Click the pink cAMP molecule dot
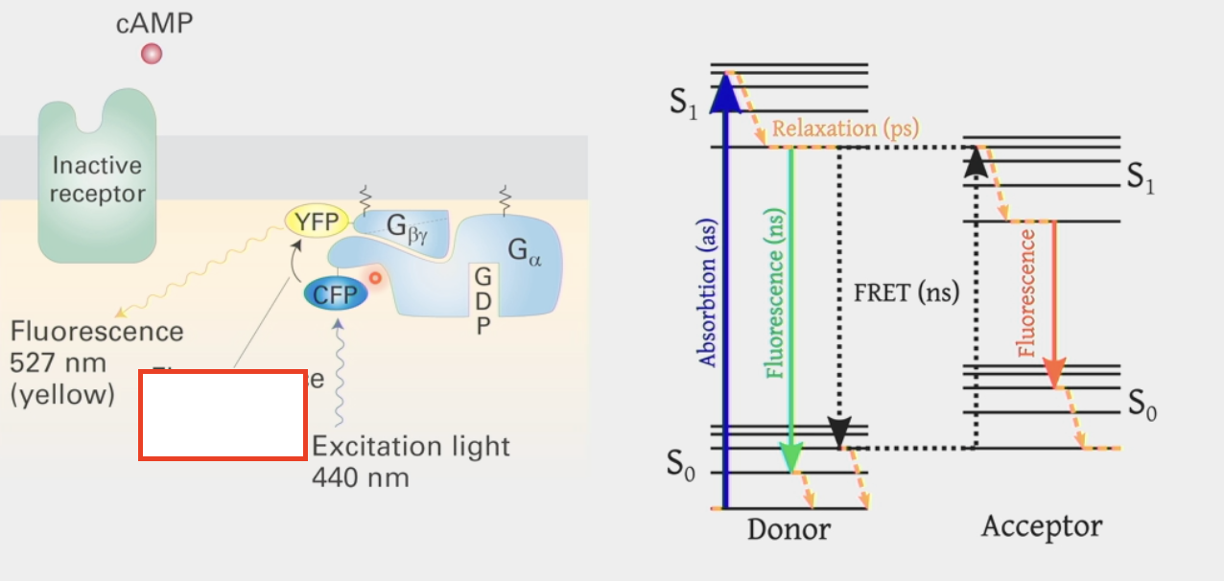tap(151, 54)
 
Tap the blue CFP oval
tap(335, 293)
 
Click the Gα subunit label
tap(525, 252)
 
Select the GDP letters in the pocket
tap(483, 301)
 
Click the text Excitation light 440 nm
tap(411, 461)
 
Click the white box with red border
tap(223, 414)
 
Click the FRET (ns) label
tap(906, 293)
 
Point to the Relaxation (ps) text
tap(845, 128)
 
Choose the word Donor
tap(789, 529)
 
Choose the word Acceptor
tap(1042, 526)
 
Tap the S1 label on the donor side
tap(684, 104)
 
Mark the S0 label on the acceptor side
tap(1142, 405)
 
